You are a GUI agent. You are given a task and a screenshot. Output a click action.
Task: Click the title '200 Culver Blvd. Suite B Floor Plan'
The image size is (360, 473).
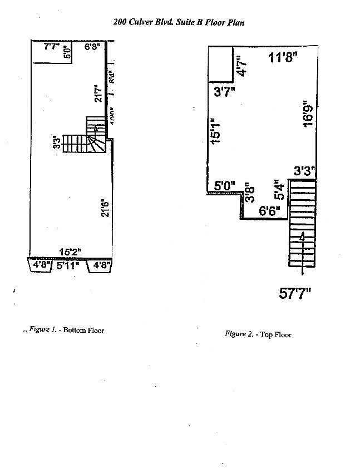tap(179, 22)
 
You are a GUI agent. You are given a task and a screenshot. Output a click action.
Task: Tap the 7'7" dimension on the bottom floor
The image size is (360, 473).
tap(52, 46)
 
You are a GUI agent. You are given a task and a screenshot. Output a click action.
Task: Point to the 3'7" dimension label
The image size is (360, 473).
tap(224, 92)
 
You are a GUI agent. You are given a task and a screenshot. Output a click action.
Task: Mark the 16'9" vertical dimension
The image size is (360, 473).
tap(307, 115)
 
